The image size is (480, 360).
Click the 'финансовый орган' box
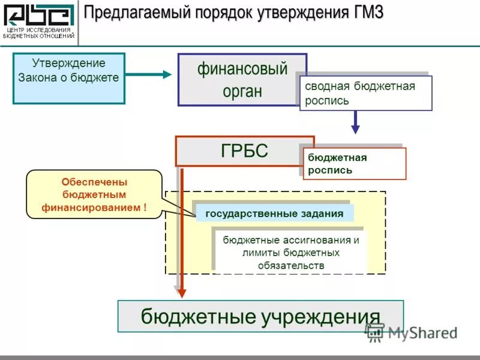[242, 79]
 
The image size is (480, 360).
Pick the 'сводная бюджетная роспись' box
[365, 93]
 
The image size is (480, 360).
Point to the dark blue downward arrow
[355, 122]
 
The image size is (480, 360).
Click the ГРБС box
[244, 151]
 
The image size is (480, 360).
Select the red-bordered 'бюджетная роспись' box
[354, 163]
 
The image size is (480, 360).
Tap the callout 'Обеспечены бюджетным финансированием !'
[94, 194]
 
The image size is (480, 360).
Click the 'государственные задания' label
[274, 213]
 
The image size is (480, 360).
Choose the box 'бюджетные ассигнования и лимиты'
[290, 252]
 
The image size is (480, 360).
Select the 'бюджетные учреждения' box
[260, 316]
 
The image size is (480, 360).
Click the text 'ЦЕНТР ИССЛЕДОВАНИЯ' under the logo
[39, 30]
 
